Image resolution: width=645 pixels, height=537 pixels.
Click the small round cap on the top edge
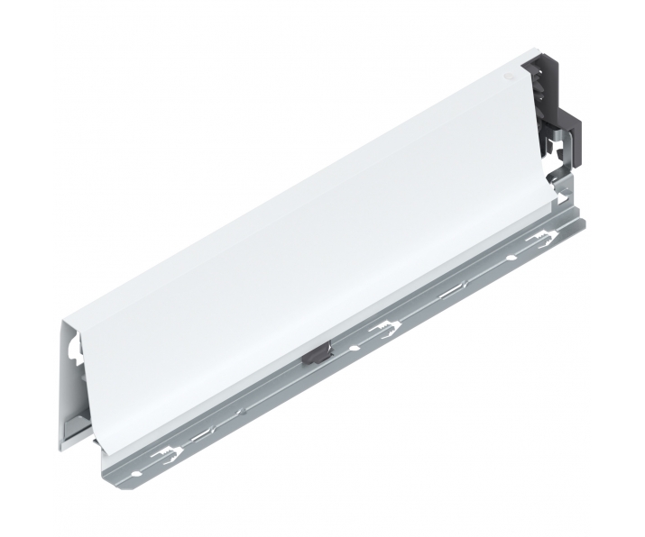tap(509, 78)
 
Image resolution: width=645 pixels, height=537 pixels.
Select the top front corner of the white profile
tap(66, 319)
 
